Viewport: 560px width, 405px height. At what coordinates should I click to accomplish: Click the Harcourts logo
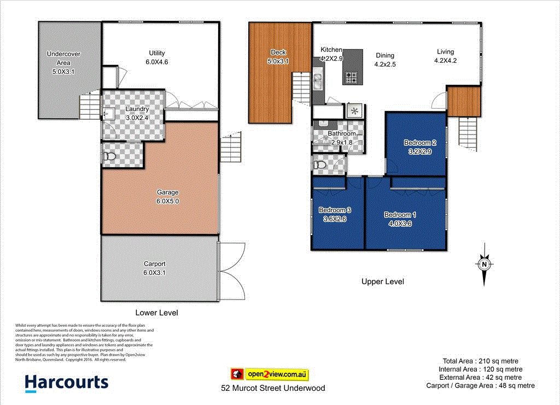tap(67, 382)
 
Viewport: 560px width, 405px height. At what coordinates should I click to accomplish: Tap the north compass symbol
tap(484, 265)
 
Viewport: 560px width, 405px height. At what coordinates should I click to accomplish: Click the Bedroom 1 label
tap(400, 214)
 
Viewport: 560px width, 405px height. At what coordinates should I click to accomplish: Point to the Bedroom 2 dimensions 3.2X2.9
tap(420, 152)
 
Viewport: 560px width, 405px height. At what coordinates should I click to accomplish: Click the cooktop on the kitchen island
tap(351, 78)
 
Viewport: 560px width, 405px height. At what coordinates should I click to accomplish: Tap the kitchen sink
tap(318, 81)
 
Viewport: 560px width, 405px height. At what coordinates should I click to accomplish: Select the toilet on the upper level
tap(320, 165)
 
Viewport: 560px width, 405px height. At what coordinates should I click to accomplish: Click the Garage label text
tap(167, 192)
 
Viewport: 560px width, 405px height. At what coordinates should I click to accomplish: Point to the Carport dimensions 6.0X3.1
tap(154, 272)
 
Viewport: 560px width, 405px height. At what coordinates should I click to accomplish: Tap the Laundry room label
tap(137, 109)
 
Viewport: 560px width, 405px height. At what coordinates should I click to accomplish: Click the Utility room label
tap(157, 53)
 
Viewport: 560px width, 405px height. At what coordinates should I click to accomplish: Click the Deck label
tap(278, 52)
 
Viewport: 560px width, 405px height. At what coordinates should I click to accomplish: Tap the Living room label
tap(445, 52)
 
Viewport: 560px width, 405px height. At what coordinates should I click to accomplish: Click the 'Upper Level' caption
tap(382, 281)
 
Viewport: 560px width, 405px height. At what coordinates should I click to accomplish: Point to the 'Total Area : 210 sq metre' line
tap(480, 361)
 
